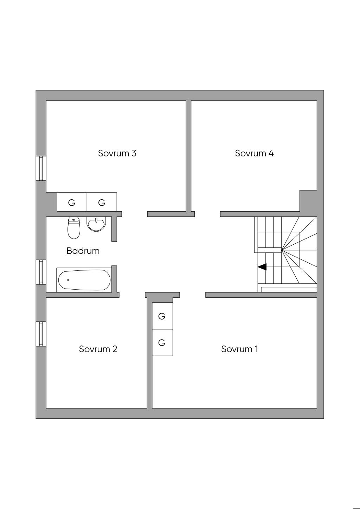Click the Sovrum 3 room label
pos(117,153)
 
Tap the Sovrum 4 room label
pos(254,153)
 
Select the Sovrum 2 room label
pos(98,349)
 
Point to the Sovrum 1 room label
pos(239,349)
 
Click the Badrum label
pos(83,251)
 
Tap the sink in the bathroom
pos(96,225)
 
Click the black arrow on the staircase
pos(262,267)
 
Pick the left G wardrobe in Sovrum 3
pos(72,202)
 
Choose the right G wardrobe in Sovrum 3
pos(102,202)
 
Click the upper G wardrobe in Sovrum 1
pos(162,316)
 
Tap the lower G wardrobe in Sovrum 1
pos(162,342)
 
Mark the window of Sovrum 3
pos(41,168)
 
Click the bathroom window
pos(41,272)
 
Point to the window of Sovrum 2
pos(41,334)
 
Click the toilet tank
pos(74,220)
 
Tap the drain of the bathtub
pos(68,280)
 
